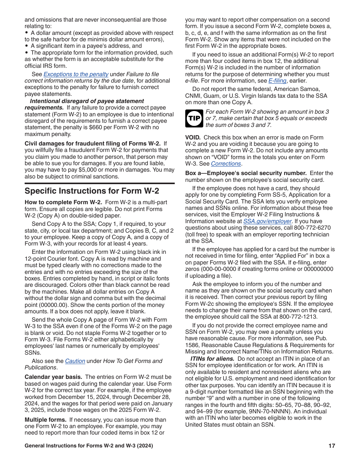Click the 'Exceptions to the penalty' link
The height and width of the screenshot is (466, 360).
(x=76, y=74)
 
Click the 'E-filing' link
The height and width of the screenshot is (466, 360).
(x=277, y=81)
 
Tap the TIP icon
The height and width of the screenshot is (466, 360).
(x=194, y=118)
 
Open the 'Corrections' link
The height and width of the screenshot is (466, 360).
(x=226, y=164)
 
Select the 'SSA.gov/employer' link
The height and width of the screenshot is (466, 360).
(x=268, y=221)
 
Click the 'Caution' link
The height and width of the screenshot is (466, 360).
(x=75, y=361)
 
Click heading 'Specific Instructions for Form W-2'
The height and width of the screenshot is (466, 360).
(x=92, y=191)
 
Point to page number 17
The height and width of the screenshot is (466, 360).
(x=332, y=446)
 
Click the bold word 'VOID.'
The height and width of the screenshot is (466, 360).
(x=193, y=137)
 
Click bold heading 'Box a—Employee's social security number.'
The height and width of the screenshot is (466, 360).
(x=246, y=173)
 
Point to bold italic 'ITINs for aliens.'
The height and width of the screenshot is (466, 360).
(x=212, y=359)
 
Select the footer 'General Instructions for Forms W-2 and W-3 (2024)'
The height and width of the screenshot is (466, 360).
(x=89, y=446)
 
